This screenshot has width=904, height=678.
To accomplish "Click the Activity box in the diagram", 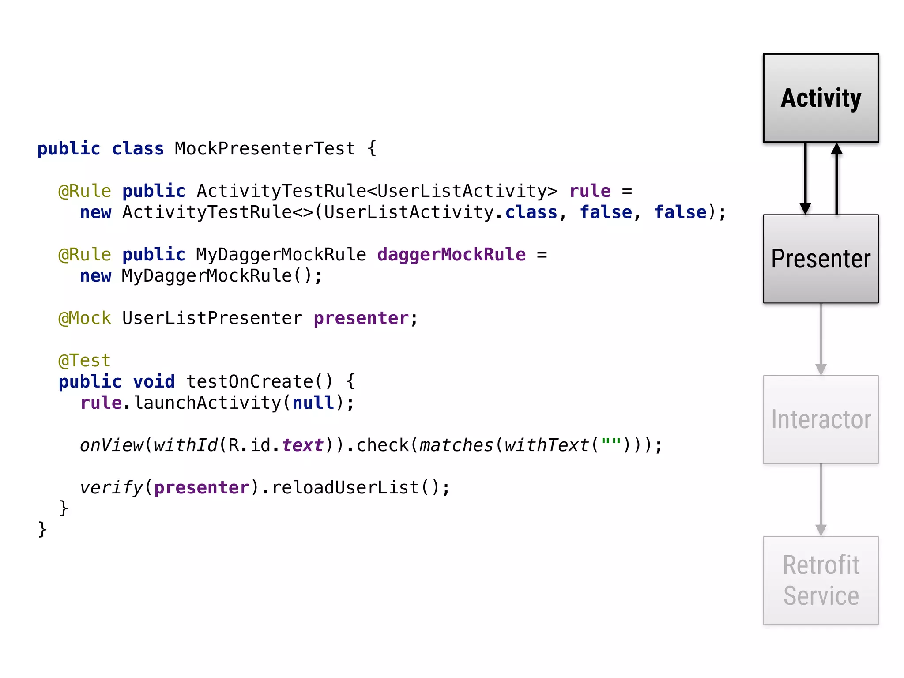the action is pos(821,98).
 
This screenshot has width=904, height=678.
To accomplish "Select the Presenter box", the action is pos(821,259).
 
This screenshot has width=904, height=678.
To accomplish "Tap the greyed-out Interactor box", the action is pos(821,419).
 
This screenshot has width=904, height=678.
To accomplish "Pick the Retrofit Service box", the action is pos(821,580).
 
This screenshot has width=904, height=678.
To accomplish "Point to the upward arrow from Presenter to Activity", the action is pos(836,179).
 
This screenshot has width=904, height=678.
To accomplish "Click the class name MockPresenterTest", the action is pos(265,149).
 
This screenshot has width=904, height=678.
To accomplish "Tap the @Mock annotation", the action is pos(85,318).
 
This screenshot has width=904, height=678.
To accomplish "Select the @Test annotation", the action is pos(84,361).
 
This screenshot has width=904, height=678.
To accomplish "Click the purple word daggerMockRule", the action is pos(451,255).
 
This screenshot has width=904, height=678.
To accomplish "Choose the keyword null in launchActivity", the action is pos(313,403).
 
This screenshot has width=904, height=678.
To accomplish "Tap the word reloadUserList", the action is pos(345,488).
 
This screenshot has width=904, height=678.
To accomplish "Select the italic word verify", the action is pos(111,488).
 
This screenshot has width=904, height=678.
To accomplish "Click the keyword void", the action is pos(154,382).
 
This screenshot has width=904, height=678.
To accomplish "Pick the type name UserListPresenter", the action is pos(212,318).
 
